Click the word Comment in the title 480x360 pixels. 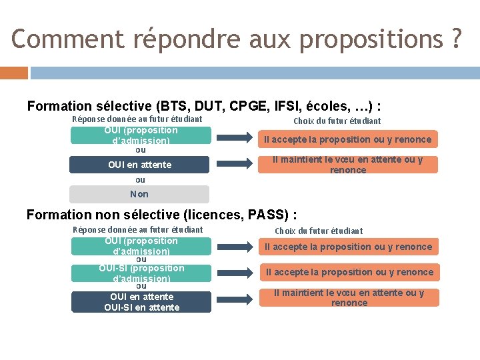tap(67, 39)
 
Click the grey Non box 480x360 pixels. tap(139, 194)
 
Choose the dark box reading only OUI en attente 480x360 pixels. tap(139, 165)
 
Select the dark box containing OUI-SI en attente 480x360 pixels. tap(141, 302)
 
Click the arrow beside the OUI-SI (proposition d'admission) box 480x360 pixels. tap(232, 272)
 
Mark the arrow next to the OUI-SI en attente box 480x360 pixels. tap(232, 297)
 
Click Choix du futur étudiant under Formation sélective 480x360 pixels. tap(337, 121)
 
